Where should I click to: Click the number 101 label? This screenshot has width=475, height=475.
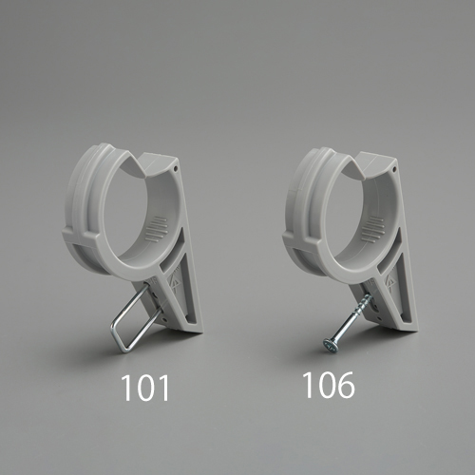pyautogui.click(x=145, y=389)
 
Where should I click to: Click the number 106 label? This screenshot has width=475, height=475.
pyautogui.click(x=330, y=385)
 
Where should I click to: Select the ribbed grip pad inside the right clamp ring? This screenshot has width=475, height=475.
pyautogui.click(x=372, y=228)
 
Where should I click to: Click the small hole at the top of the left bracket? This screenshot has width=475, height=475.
pyautogui.click(x=176, y=169)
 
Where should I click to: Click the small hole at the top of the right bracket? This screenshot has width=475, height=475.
pyautogui.click(x=394, y=170)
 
